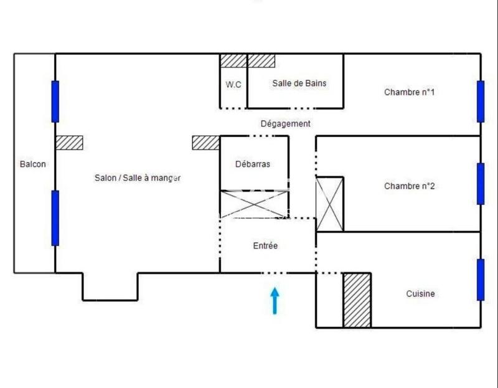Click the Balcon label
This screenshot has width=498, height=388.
point(33,164)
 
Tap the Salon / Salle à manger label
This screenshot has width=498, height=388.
point(138,177)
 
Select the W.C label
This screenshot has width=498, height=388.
point(233,85)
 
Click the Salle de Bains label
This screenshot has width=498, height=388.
point(299,83)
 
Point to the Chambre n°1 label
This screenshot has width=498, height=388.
point(409,92)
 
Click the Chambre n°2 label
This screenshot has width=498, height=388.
point(409,186)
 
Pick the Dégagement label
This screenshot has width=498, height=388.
point(285,123)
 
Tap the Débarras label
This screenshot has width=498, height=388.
point(253,164)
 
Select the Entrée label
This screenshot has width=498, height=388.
point(265,246)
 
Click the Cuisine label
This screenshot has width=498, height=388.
point(420,294)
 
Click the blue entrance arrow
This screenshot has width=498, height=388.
point(275,300)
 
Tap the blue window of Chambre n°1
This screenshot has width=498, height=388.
point(481,102)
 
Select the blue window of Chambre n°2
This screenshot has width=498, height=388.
point(481,184)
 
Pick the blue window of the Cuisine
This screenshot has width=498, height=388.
point(481,280)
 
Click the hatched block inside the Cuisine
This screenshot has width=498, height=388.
point(357,300)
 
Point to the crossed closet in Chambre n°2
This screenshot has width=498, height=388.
point(330,204)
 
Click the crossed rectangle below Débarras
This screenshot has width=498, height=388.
point(254,204)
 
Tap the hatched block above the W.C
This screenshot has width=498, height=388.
point(234,60)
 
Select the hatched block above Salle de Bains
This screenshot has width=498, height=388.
point(261,60)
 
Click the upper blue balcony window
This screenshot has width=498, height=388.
point(55,102)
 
